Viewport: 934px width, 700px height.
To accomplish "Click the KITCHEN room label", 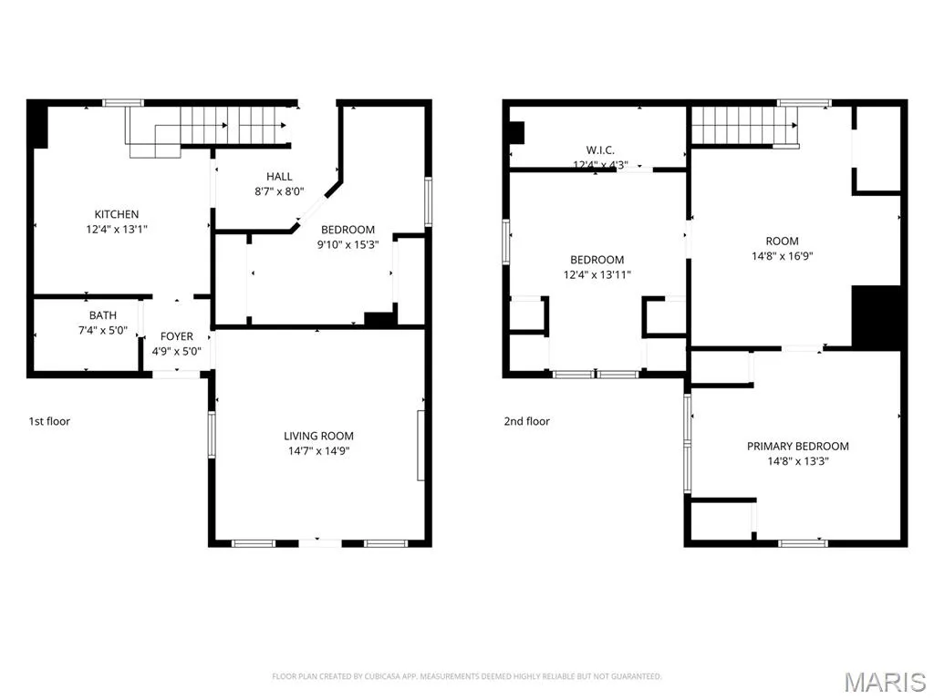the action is (117, 214).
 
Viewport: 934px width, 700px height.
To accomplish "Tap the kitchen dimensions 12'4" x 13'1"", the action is (117, 229).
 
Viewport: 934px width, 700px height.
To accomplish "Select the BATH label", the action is (103, 315).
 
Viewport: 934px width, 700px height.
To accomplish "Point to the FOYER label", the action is (177, 336).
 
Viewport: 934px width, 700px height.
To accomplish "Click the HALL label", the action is (279, 177).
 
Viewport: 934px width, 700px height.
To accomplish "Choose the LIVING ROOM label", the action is (318, 437).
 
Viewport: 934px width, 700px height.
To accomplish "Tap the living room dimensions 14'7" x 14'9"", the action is (318, 451).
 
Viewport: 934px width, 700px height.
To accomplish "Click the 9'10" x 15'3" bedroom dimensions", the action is (348, 244).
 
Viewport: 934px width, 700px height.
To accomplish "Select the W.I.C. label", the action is (600, 150).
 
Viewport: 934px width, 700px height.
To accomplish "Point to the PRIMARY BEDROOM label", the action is (798, 447).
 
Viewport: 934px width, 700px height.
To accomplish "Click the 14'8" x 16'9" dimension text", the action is (782, 256).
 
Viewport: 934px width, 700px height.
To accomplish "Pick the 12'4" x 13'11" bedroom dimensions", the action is (597, 275).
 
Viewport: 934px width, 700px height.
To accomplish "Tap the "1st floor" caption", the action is (49, 421).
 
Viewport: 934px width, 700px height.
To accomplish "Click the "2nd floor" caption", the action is (527, 421).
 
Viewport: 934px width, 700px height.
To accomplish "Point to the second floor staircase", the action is (744, 126).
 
